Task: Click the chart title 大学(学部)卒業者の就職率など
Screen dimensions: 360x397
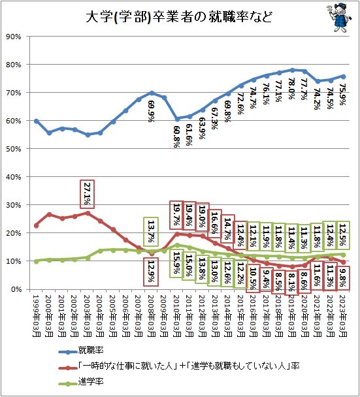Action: pos(178,17)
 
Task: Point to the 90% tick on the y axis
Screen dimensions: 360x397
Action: pos(14,37)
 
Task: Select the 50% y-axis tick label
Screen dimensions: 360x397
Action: pos(14,149)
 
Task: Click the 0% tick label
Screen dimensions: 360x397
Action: pos(16,289)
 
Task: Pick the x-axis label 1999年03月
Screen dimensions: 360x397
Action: pos(36,316)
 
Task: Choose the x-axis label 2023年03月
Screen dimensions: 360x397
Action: pos(343,316)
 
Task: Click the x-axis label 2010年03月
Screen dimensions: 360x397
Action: pos(177,316)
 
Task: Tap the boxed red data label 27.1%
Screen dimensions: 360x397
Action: pos(87,194)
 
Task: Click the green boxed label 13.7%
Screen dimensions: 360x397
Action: pos(151,231)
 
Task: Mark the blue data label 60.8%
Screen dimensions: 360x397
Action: pos(176,136)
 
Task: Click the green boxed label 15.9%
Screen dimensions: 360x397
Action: pos(176,263)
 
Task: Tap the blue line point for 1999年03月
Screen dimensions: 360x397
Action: pos(36,121)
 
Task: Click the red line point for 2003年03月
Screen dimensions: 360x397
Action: pos(88,213)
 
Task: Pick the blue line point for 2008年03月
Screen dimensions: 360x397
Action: pos(152,93)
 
